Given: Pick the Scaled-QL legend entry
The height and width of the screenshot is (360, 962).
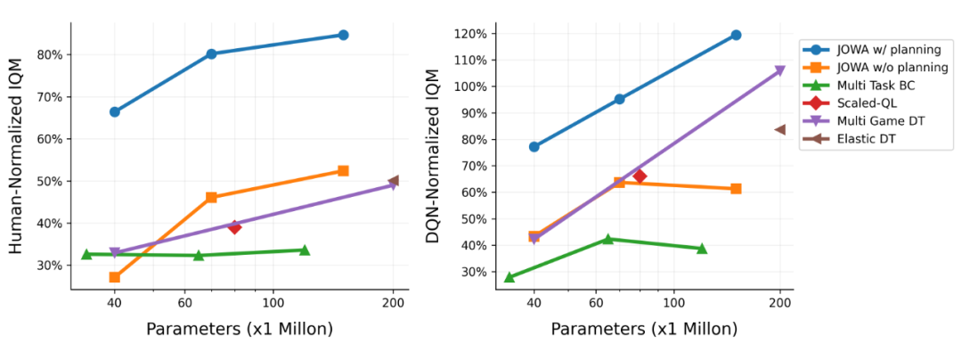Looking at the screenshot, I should [868, 102].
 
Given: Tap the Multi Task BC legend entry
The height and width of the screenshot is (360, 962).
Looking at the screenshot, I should [876, 85].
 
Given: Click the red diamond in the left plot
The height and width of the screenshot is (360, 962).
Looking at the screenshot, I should [234, 227].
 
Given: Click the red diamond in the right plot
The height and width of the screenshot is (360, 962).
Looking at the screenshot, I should [640, 176].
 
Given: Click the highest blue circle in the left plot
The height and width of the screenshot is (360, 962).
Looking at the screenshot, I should [343, 35].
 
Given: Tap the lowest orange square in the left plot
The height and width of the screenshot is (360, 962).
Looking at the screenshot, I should [114, 277].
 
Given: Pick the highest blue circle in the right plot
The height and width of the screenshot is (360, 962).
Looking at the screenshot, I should [736, 35].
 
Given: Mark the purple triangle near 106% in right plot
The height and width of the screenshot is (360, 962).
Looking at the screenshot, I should [779, 71].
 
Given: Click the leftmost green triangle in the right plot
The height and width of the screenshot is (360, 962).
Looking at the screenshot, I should [510, 277].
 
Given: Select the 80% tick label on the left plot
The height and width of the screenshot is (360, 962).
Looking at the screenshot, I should [49, 54].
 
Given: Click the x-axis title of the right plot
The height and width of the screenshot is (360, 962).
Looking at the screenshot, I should [644, 329].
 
